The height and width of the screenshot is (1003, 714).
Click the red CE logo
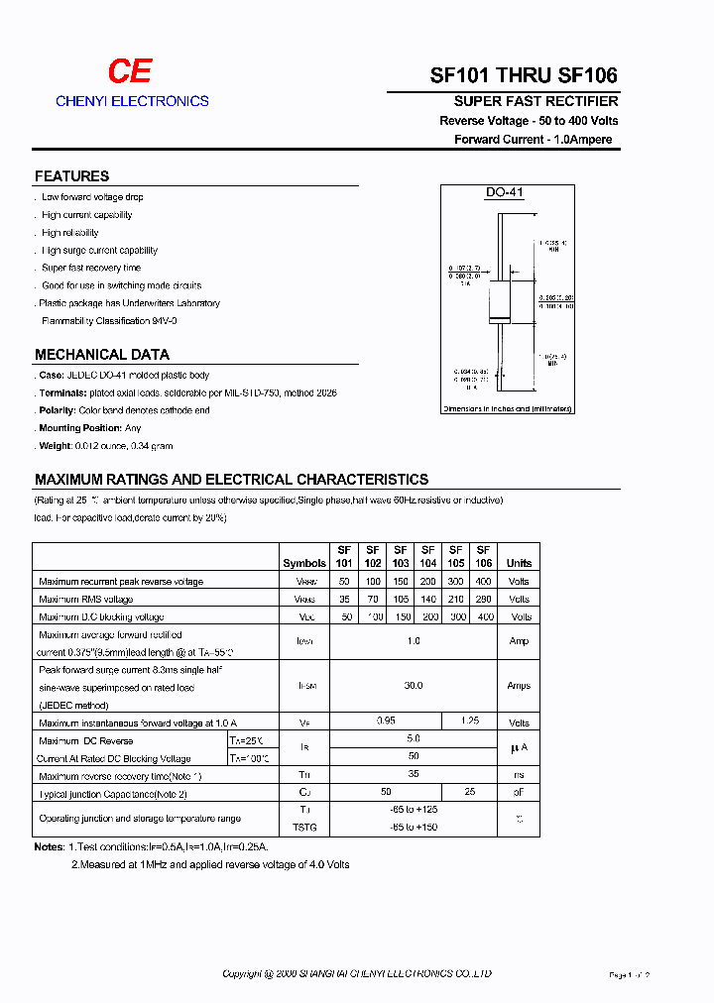click(130, 71)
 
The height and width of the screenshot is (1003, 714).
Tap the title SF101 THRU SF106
click(524, 76)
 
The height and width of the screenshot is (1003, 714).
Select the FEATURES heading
click(71, 176)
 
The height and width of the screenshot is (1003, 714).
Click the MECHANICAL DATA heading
click(102, 354)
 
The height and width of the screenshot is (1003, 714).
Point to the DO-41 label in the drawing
click(504, 193)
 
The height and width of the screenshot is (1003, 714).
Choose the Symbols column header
click(304, 563)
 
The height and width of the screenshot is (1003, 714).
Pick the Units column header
click(519, 563)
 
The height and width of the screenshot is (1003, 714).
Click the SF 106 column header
click(483, 556)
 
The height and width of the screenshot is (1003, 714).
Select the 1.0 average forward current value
click(414, 641)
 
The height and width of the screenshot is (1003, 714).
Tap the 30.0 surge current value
click(414, 686)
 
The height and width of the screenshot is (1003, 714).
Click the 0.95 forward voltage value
click(386, 723)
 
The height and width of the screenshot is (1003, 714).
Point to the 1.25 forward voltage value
click(469, 723)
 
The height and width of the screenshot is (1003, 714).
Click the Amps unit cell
click(519, 686)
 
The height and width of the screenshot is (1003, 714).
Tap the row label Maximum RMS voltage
click(85, 600)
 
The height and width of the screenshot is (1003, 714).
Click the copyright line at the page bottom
click(357, 974)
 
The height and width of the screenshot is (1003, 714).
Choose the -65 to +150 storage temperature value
click(414, 827)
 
